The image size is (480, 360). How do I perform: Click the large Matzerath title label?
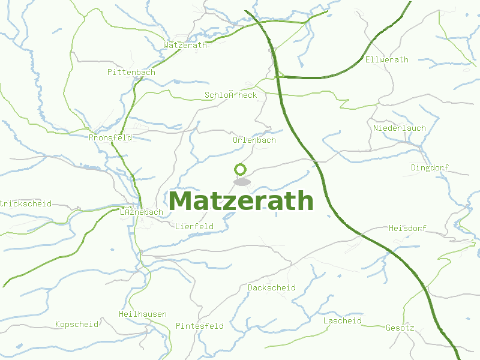(241, 201)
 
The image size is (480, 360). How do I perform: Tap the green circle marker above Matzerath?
(241, 169)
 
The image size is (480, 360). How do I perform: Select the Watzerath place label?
(185, 45)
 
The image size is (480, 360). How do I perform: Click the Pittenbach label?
(131, 72)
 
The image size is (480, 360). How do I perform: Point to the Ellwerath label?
(386, 59)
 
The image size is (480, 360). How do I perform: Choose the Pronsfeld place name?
(110, 137)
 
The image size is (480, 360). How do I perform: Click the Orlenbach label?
(254, 140)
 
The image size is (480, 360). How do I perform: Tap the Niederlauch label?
(400, 128)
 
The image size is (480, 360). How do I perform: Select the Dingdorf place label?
(430, 167)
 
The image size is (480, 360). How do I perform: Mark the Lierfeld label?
(194, 226)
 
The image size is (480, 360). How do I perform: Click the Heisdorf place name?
(407, 228)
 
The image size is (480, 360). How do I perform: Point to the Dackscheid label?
(272, 287)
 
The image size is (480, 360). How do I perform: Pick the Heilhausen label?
(143, 314)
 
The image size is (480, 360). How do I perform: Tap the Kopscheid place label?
(77, 324)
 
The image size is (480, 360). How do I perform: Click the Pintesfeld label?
(199, 326)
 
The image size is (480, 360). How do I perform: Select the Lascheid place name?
(343, 320)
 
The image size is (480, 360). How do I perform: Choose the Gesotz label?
(400, 328)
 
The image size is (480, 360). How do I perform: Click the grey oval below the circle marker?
(242, 182)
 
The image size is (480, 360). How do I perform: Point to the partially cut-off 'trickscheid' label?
(26, 203)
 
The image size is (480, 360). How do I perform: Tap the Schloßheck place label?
(230, 95)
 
